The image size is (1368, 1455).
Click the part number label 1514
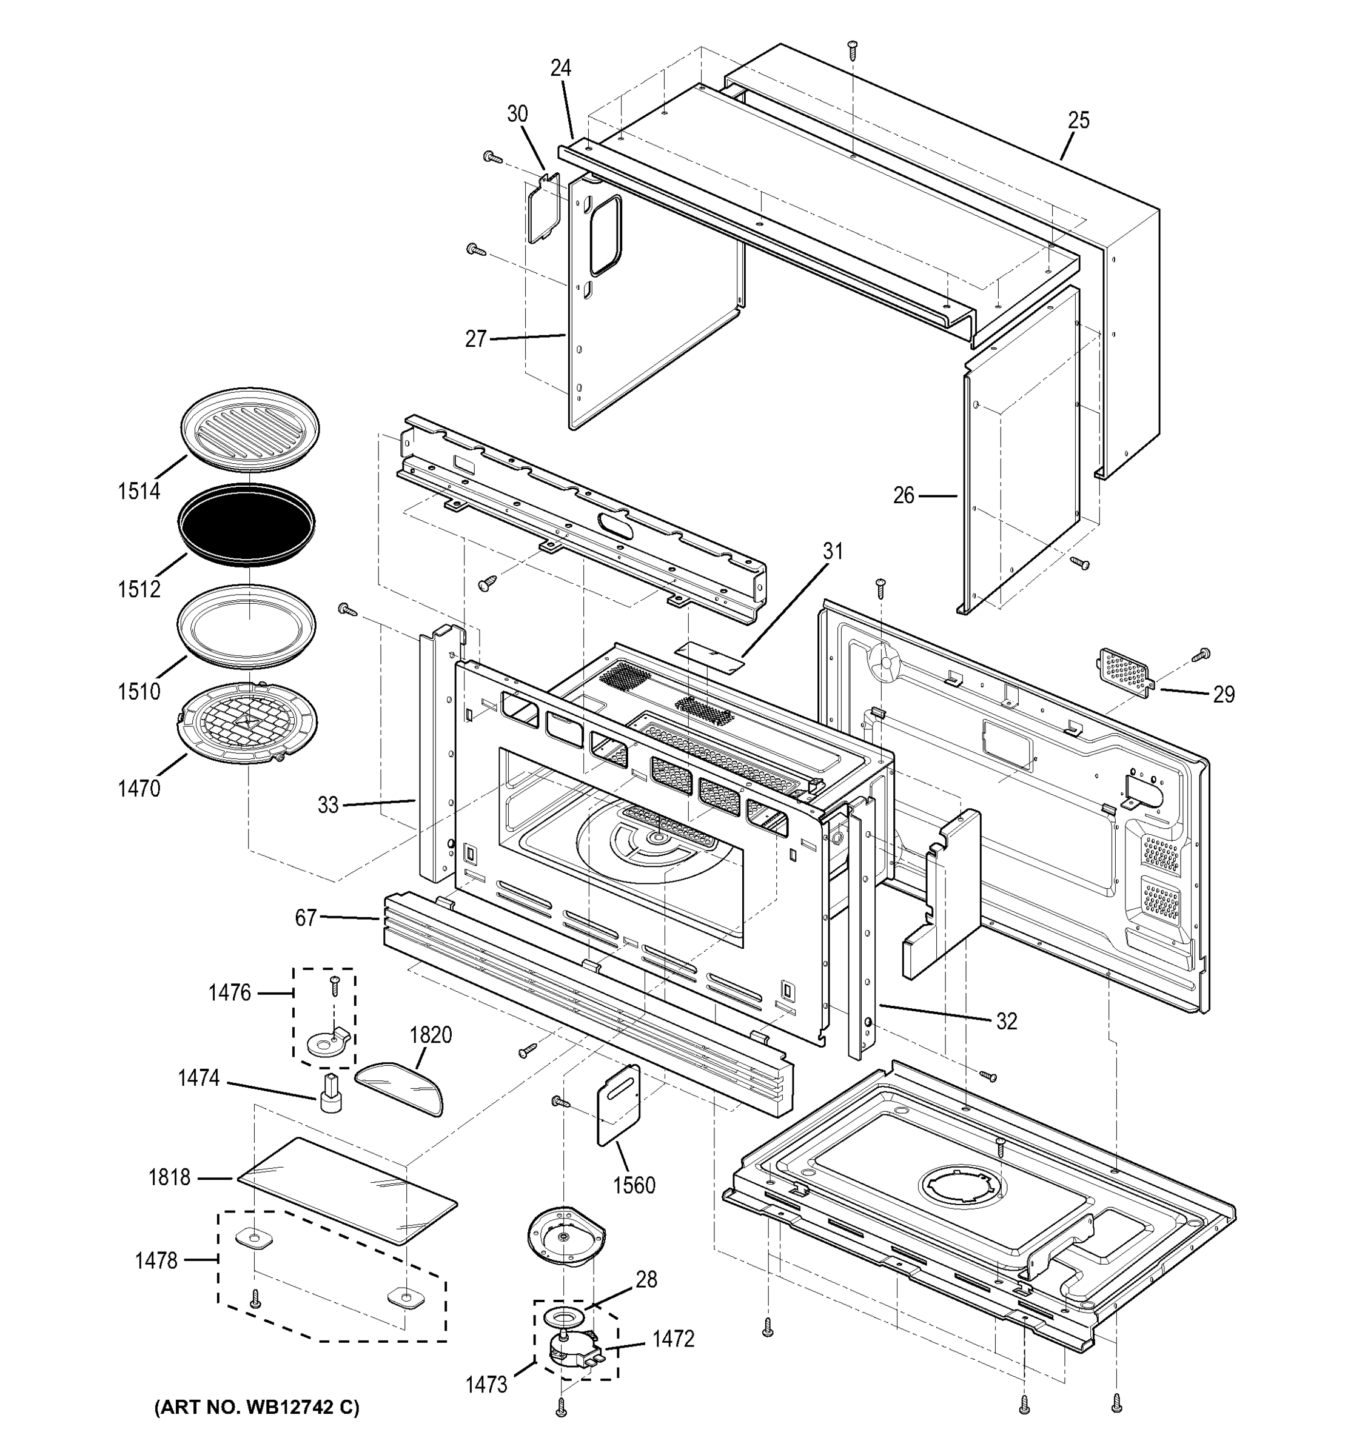(138, 491)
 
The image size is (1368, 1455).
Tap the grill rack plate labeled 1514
(250, 432)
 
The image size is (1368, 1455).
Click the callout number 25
(1078, 120)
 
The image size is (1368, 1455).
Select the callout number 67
(306, 917)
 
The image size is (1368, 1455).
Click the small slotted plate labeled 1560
(619, 1105)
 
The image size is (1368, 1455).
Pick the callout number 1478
(156, 1260)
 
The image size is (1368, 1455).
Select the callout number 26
(904, 495)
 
